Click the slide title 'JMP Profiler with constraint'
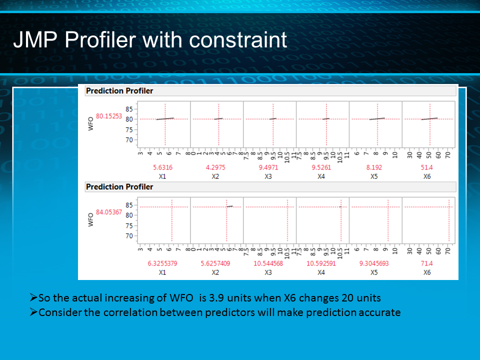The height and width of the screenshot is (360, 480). (150, 40)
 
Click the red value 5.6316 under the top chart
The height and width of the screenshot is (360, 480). (162, 167)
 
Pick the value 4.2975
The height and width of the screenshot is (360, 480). (215, 167)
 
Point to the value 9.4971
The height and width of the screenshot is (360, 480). (268, 167)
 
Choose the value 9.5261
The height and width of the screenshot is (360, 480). (321, 167)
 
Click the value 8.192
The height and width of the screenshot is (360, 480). (374, 167)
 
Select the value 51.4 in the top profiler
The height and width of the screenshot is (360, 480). (427, 167)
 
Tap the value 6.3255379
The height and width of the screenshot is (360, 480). (162, 263)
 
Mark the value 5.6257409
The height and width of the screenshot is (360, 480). (215, 263)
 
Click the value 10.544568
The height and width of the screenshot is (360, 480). (268, 263)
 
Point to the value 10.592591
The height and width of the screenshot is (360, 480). (321, 263)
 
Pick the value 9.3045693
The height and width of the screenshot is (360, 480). (374, 263)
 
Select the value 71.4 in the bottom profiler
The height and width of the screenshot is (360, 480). (427, 263)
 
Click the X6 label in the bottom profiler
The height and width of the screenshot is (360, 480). (427, 272)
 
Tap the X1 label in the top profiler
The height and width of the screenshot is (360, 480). (162, 176)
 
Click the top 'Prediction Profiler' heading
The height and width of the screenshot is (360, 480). (119, 91)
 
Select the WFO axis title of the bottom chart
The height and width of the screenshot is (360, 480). (90, 220)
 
